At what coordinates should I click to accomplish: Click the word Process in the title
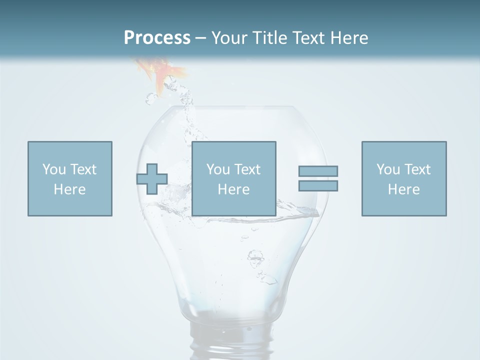pyautogui.click(x=157, y=38)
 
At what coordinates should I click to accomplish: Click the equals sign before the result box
pyautogui.click(x=318, y=178)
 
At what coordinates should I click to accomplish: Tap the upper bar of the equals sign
pyautogui.click(x=318, y=171)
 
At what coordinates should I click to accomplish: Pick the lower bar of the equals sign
pyautogui.click(x=318, y=185)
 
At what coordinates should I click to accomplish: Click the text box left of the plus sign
pyautogui.click(x=70, y=178)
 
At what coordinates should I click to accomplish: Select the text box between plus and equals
pyautogui.click(x=234, y=178)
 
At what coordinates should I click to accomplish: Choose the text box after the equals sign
pyautogui.click(x=404, y=178)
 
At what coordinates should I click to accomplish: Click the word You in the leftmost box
pyautogui.click(x=54, y=169)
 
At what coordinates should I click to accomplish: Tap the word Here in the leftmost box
pyautogui.click(x=70, y=189)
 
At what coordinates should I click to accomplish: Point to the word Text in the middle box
pyautogui.click(x=247, y=169)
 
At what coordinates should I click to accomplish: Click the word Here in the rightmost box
pyautogui.click(x=404, y=189)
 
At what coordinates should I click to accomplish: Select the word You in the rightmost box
pyautogui.click(x=388, y=169)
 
